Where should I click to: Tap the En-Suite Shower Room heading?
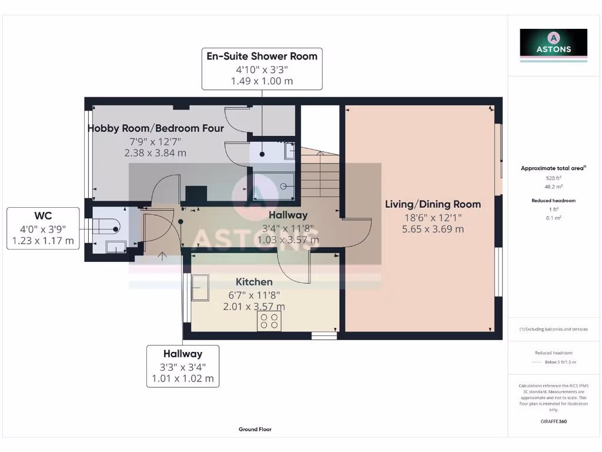click(x=262, y=56)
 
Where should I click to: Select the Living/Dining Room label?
click(x=433, y=204)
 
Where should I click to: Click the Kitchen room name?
click(x=254, y=282)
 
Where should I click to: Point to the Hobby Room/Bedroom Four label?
click(x=156, y=128)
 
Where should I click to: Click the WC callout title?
click(x=43, y=216)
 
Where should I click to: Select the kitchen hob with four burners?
click(x=269, y=321)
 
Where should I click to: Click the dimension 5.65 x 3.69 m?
click(x=433, y=229)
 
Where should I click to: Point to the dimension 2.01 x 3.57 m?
click(x=254, y=307)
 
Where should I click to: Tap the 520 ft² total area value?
click(x=553, y=178)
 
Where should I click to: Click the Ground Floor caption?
click(x=255, y=430)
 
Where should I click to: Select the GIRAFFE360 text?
click(x=553, y=421)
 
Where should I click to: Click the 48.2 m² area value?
click(x=553, y=187)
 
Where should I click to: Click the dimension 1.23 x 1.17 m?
click(x=43, y=240)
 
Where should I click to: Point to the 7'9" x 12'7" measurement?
click(x=155, y=141)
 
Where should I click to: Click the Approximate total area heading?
click(x=553, y=168)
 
